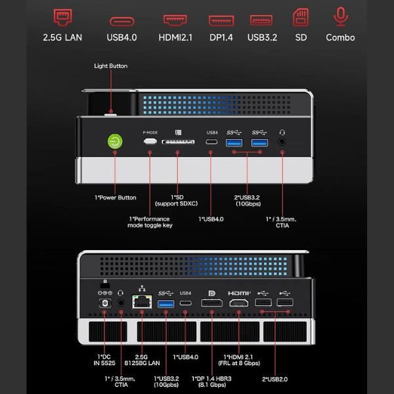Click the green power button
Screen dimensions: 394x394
click(115, 141)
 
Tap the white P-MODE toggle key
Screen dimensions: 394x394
click(150, 141)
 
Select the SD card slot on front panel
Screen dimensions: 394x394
click(178, 142)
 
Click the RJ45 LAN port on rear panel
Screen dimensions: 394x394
click(142, 301)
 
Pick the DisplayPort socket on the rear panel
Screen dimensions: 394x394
click(212, 303)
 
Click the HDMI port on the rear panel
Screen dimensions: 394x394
click(239, 303)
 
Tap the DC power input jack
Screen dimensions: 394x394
click(105, 303)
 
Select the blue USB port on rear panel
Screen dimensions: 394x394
click(166, 304)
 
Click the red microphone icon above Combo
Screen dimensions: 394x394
click(341, 16)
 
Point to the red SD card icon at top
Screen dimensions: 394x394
click(301, 17)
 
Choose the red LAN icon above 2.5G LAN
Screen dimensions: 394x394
click(63, 17)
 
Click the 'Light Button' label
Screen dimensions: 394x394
click(111, 66)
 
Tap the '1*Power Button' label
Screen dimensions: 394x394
click(116, 198)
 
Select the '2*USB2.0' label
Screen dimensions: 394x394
click(275, 379)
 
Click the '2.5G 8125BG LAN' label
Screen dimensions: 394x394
click(142, 360)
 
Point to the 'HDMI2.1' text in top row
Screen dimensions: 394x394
click(175, 37)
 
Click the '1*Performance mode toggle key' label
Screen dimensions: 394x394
click(150, 222)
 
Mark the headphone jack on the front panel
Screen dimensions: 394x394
click(282, 142)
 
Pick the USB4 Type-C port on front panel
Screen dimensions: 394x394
click(211, 142)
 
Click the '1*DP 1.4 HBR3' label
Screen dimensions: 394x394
click(211, 379)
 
